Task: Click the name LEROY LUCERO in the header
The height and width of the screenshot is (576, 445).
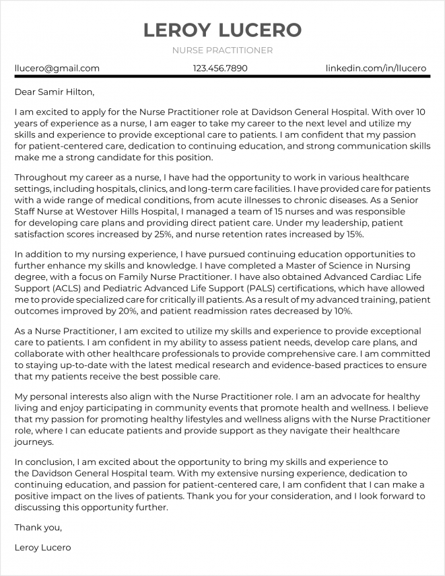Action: (222, 30)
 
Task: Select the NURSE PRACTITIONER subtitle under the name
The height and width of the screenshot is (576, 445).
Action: (222, 50)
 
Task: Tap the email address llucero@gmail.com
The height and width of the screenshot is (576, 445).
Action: (57, 69)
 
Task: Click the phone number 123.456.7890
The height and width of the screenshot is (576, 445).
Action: (220, 69)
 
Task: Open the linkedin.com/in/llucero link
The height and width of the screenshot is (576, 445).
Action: (376, 69)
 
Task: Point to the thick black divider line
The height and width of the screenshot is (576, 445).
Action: (222, 79)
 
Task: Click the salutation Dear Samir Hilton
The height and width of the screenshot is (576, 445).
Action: (55, 92)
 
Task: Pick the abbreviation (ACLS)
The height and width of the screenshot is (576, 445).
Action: (66, 288)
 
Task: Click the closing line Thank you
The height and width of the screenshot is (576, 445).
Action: (38, 527)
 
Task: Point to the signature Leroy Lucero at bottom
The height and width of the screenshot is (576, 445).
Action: (42, 548)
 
